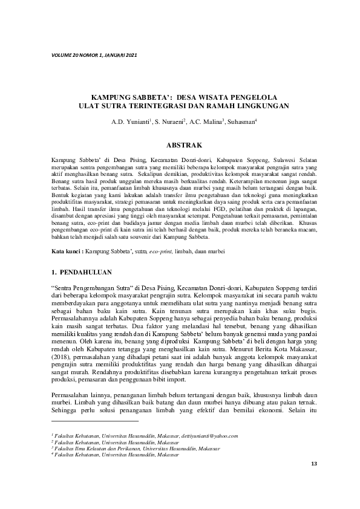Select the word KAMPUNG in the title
pos(113,97)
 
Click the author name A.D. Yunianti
pos(127,123)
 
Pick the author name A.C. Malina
pos(205,123)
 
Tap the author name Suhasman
pos(241,123)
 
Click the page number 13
pos(313,464)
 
